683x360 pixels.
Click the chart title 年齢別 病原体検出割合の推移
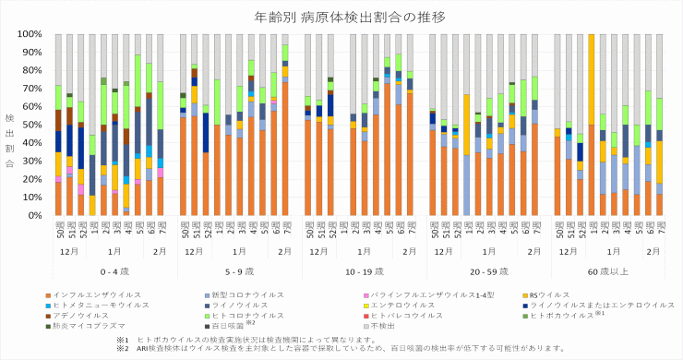(x=341, y=17)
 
